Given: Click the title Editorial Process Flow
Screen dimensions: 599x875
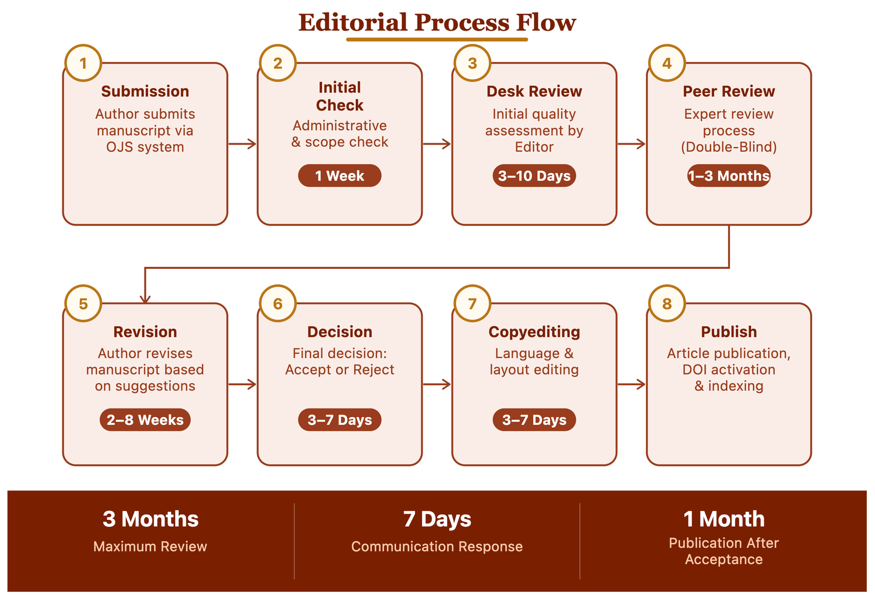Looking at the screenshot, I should click(x=437, y=23).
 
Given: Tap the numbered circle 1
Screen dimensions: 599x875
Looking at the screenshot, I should click(x=83, y=64).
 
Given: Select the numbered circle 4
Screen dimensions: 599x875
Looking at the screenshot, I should click(x=667, y=64).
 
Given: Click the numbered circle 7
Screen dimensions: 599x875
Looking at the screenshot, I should click(x=472, y=303).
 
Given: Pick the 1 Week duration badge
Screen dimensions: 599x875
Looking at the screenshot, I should click(x=340, y=176).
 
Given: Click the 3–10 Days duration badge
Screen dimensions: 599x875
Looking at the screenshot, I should click(x=534, y=176).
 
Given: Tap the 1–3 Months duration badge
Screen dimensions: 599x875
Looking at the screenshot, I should click(x=728, y=176).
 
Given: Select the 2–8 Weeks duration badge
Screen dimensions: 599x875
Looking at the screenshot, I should click(x=145, y=420).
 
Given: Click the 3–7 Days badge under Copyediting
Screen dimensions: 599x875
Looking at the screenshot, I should click(x=534, y=420).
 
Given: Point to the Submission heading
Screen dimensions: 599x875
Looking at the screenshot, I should click(x=145, y=91).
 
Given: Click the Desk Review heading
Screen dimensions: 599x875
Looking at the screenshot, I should click(x=534, y=91).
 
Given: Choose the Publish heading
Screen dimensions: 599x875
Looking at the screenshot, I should click(x=728, y=332).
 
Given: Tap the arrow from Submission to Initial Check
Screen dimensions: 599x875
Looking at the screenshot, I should click(x=242, y=144).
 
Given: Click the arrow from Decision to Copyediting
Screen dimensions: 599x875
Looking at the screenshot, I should click(x=437, y=384).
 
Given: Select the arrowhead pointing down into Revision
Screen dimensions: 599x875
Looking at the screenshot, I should click(x=145, y=298).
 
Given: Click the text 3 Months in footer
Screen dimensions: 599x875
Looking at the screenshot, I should click(x=150, y=519).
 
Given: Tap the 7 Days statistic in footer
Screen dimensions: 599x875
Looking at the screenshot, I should click(x=437, y=519).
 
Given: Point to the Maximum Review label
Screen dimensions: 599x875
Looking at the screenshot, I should click(x=150, y=546).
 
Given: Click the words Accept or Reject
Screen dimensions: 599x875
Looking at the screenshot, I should click(x=340, y=370).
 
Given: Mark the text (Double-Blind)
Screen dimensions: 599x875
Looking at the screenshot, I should click(x=728, y=147).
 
